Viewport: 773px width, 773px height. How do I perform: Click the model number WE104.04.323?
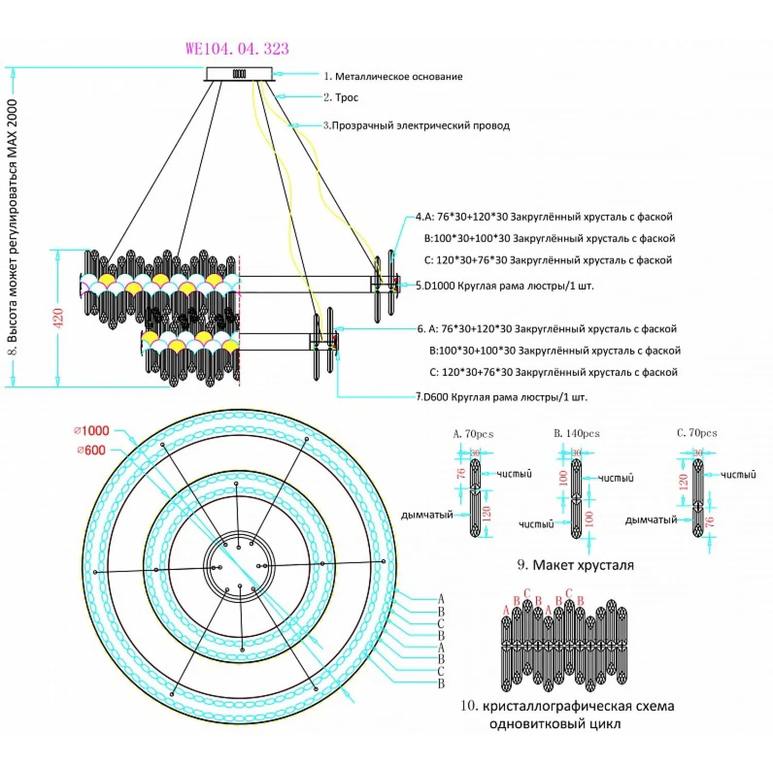click(237, 49)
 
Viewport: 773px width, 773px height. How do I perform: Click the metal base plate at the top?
click(239, 74)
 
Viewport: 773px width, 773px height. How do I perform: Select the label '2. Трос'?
click(341, 97)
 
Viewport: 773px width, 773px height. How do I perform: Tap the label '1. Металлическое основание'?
click(393, 77)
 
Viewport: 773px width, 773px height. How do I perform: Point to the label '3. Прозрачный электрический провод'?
click(416, 126)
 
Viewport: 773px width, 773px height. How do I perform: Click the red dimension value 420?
click(58, 318)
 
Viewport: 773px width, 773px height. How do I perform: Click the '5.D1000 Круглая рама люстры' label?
click(505, 286)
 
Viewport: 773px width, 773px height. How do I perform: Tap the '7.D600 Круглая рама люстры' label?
click(502, 397)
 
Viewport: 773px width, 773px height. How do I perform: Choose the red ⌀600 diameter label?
click(91, 450)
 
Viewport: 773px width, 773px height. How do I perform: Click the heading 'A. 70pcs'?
click(473, 434)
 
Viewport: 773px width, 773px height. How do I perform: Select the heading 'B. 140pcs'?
click(577, 433)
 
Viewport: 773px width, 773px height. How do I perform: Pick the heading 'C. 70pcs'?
click(697, 433)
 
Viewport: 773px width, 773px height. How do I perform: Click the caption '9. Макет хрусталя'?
click(575, 565)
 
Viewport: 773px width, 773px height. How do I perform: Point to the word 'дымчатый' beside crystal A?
click(427, 515)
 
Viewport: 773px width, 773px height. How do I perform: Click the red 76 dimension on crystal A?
click(461, 473)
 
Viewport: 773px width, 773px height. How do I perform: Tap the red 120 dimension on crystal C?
click(683, 482)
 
